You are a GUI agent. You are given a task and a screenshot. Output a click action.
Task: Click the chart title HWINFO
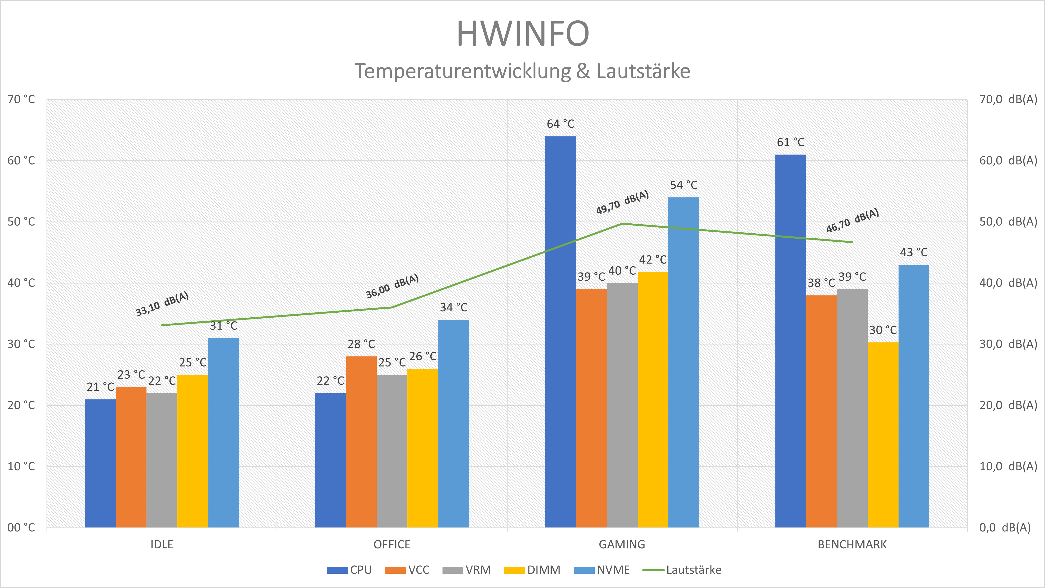pos(522,34)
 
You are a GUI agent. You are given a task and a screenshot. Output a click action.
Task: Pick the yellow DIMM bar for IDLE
pos(193,451)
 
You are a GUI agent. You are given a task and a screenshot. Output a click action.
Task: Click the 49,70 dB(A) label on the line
pos(622,202)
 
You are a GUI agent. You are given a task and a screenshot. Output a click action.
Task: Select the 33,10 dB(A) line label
pos(162,304)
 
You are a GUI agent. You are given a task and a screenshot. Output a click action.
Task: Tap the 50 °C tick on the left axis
pos(21,222)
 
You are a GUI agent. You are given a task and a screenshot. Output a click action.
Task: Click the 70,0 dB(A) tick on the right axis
pos(1008,99)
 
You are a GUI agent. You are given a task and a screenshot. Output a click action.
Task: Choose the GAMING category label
pos(622,545)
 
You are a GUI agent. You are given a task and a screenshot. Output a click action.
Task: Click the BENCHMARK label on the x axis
pos(852,545)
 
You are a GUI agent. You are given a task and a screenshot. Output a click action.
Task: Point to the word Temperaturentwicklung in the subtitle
pos(462,71)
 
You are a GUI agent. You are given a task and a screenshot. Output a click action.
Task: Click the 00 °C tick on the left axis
pos(21,527)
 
